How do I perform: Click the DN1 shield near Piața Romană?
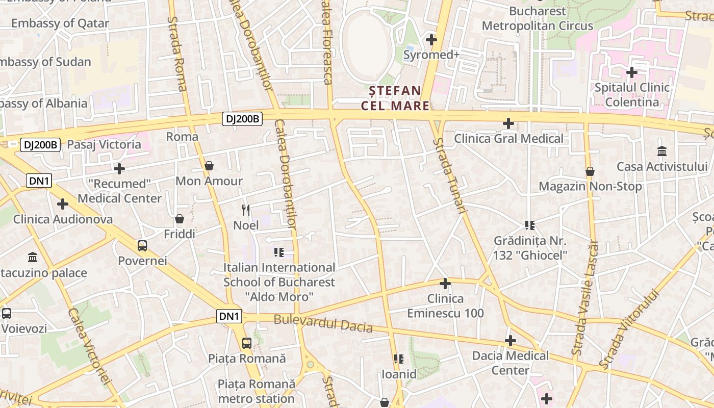pyautogui.click(x=229, y=317)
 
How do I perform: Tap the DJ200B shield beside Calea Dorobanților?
pyautogui.click(x=242, y=119)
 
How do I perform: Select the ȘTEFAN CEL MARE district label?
pyautogui.click(x=392, y=98)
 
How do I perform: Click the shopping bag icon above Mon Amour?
pyautogui.click(x=209, y=166)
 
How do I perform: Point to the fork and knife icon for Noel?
pyautogui.click(x=246, y=210)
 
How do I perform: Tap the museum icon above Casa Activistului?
pyautogui.click(x=662, y=151)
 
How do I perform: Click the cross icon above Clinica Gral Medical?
pyautogui.click(x=508, y=123)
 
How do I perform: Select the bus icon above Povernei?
pyautogui.click(x=142, y=246)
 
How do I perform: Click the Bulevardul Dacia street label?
pyautogui.click(x=323, y=323)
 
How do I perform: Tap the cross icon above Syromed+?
pyautogui.click(x=431, y=39)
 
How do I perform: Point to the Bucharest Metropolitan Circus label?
pyautogui.click(x=538, y=18)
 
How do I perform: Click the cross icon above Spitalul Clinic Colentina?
pyautogui.click(x=632, y=72)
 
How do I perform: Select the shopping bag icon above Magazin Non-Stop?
pyautogui.click(x=590, y=171)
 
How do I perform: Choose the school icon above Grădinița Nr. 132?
pyautogui.click(x=530, y=225)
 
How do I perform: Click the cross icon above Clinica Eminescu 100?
pyautogui.click(x=445, y=284)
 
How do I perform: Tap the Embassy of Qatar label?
pyautogui.click(x=60, y=23)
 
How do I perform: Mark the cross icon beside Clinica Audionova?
pyautogui.click(x=63, y=204)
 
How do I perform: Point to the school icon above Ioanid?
pyautogui.click(x=399, y=359)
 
